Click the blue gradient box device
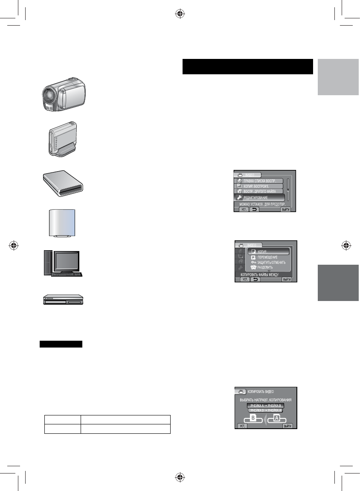click(62, 222)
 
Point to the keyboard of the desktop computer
click(68, 274)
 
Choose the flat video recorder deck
click(63, 301)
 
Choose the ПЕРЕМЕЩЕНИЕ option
click(268, 257)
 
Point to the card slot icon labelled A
click(276, 419)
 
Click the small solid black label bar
click(61, 344)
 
